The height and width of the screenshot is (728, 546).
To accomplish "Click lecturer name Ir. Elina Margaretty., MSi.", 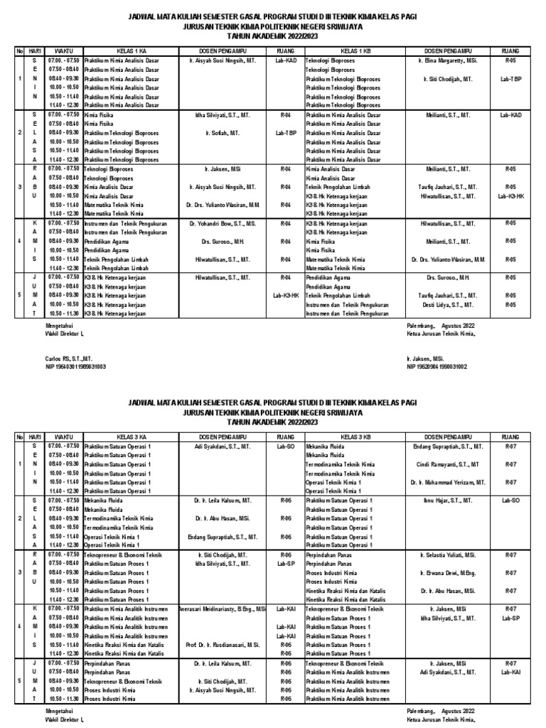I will tap(448, 61).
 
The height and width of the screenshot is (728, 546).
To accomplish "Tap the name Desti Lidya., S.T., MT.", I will tap(448, 304).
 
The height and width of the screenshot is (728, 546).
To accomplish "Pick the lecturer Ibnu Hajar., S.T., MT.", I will tap(448, 500).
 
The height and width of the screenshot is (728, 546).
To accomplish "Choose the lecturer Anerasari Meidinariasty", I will tap(223, 609).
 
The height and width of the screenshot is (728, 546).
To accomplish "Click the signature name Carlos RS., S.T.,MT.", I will tap(65, 359).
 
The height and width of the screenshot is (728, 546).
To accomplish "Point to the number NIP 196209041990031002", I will tap(437, 367).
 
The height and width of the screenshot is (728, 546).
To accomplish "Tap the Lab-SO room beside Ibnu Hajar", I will tap(510, 500).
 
